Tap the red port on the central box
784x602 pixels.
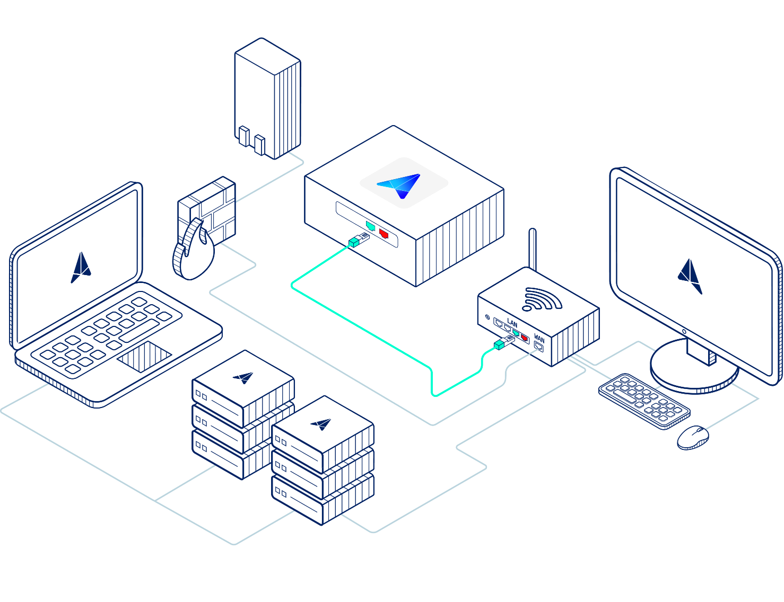(x=384, y=234)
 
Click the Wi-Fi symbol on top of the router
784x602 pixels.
(x=542, y=299)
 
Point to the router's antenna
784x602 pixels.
(x=532, y=249)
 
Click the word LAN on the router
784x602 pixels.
(x=512, y=322)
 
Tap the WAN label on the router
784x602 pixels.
(x=539, y=339)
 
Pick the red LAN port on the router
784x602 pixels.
(x=524, y=338)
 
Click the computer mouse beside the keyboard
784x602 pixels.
(x=693, y=437)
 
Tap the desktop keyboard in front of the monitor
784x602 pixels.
(x=644, y=401)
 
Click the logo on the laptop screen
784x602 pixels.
(x=81, y=268)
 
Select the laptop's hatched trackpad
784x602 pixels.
(x=144, y=356)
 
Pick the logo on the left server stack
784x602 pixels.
(x=243, y=377)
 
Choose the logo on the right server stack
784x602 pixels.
(x=321, y=423)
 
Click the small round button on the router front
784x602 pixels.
(x=487, y=317)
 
